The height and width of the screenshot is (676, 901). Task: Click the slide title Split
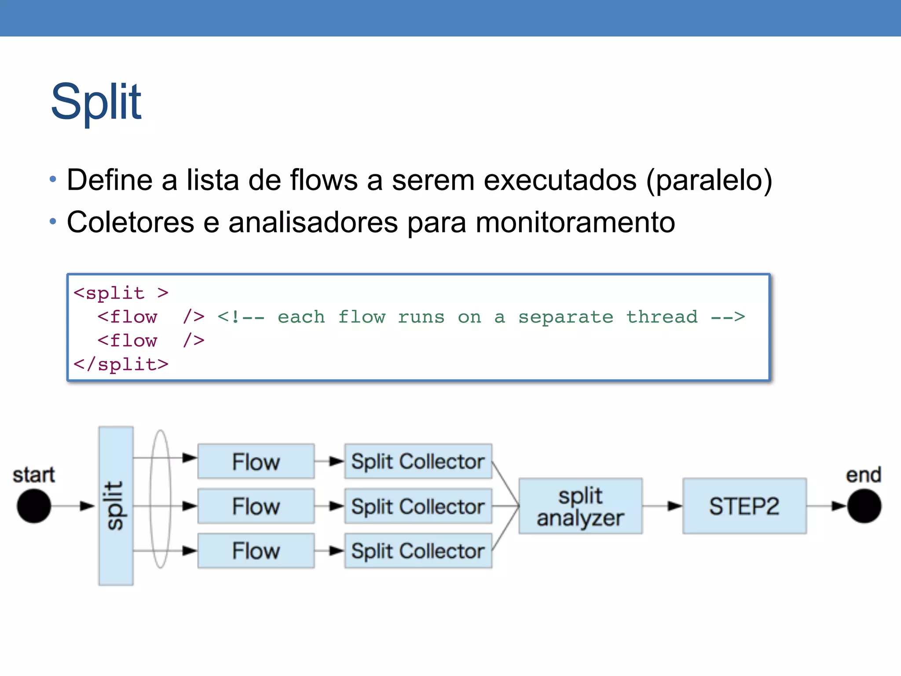click(96, 102)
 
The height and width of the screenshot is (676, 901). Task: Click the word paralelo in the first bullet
click(709, 180)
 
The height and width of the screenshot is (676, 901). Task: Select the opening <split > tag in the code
click(121, 293)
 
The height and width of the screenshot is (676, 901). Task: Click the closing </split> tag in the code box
click(121, 364)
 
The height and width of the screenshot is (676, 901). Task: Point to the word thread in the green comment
click(662, 317)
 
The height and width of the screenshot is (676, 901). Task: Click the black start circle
click(34, 506)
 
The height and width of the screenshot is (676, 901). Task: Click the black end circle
click(864, 506)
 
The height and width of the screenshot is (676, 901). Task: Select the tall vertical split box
click(116, 506)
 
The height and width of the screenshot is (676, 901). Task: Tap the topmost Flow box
click(256, 461)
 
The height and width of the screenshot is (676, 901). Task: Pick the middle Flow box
click(256, 506)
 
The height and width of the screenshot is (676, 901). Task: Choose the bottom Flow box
click(256, 551)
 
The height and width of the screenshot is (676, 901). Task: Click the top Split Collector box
click(418, 461)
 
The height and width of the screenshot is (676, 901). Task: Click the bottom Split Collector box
click(418, 551)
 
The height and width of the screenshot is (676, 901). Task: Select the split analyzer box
click(580, 506)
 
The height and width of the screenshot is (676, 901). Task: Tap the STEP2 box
click(744, 506)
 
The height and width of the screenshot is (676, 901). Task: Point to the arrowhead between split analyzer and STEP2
click(674, 506)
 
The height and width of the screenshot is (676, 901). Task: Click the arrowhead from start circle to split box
click(87, 506)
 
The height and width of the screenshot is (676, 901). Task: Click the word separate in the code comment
click(565, 317)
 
